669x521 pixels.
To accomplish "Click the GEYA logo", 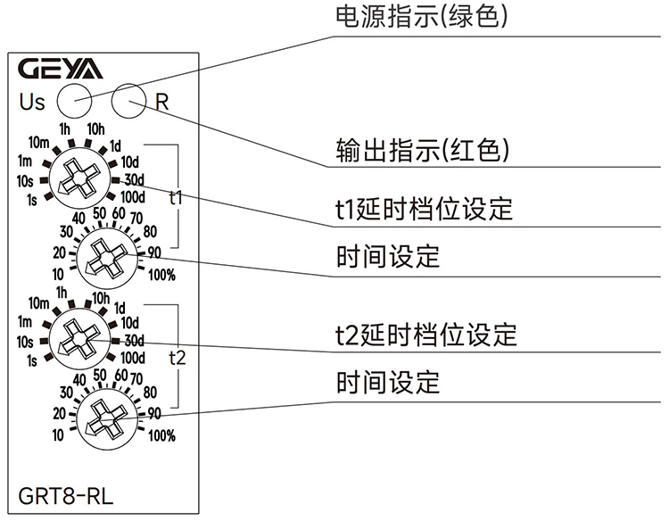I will [61, 69].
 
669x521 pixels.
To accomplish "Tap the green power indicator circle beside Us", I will [74, 99].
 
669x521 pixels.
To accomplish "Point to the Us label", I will [32, 102].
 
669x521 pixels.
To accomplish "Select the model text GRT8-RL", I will [66, 495].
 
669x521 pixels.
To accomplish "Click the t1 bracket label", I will [177, 198].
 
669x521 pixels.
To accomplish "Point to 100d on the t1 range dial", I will [132, 196].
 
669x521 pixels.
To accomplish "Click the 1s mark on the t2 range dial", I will [32, 360].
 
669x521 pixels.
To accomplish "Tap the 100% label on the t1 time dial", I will [161, 275].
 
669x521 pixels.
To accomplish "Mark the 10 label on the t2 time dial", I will [59, 435].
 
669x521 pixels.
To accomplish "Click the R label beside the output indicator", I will [161, 101].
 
